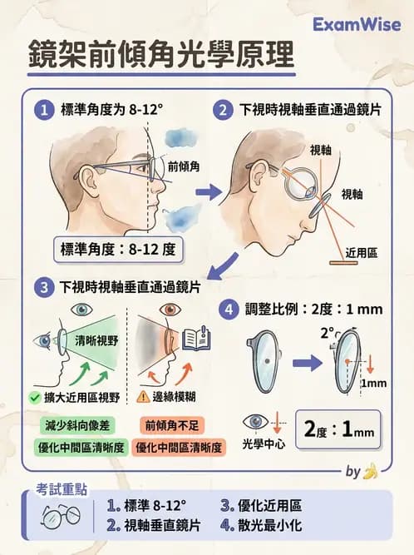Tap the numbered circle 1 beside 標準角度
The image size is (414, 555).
(x=43, y=109)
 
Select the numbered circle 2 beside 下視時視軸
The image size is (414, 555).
(x=222, y=109)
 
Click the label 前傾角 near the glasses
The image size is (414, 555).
(x=185, y=166)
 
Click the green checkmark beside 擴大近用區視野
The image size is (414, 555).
(x=33, y=398)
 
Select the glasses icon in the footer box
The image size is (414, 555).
(x=61, y=516)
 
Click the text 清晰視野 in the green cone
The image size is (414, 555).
(x=91, y=339)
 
